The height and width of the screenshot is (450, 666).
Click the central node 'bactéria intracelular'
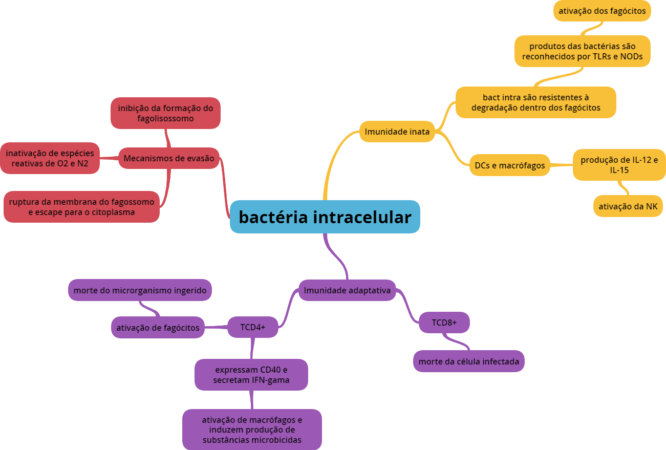tap(325, 217)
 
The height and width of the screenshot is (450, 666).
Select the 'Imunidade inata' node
tap(397, 132)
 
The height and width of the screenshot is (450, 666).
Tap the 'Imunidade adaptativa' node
tap(347, 290)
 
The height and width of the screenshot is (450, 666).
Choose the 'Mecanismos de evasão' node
tap(169, 158)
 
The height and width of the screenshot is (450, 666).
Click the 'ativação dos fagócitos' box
tap(602, 11)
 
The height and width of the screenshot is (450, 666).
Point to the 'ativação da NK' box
tap(628, 206)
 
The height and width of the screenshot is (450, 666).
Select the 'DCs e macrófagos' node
tap(510, 165)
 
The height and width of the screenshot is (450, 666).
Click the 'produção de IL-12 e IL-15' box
tap(619, 165)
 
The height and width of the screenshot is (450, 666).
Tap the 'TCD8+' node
tap(444, 323)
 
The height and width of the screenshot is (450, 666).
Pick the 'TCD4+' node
tap(252, 327)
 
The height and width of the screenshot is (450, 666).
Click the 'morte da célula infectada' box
tap(468, 361)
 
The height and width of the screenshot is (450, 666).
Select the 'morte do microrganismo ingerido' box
tap(140, 290)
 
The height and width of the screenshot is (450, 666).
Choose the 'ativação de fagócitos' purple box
tap(158, 328)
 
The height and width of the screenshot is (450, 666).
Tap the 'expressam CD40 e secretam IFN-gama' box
tap(251, 375)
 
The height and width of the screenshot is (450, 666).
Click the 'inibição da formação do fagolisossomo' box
tap(165, 113)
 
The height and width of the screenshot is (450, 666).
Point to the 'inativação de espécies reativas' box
tap(50, 158)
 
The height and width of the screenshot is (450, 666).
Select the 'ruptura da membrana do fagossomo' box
tap(81, 207)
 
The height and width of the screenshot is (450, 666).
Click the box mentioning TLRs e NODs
tap(582, 51)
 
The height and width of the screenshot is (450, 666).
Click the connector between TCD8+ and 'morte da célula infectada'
tap(457, 341)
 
